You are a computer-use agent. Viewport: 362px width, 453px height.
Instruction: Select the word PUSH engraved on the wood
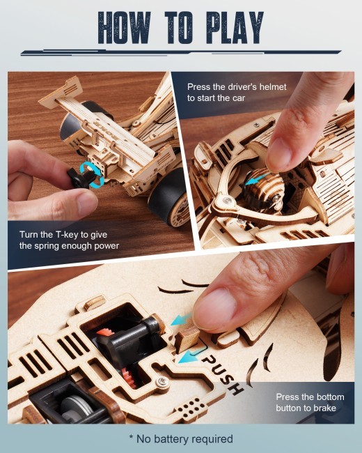coord(223,369)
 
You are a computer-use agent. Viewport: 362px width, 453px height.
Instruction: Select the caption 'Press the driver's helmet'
coord(237,86)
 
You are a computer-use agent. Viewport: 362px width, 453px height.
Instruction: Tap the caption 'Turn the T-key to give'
coord(63,234)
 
